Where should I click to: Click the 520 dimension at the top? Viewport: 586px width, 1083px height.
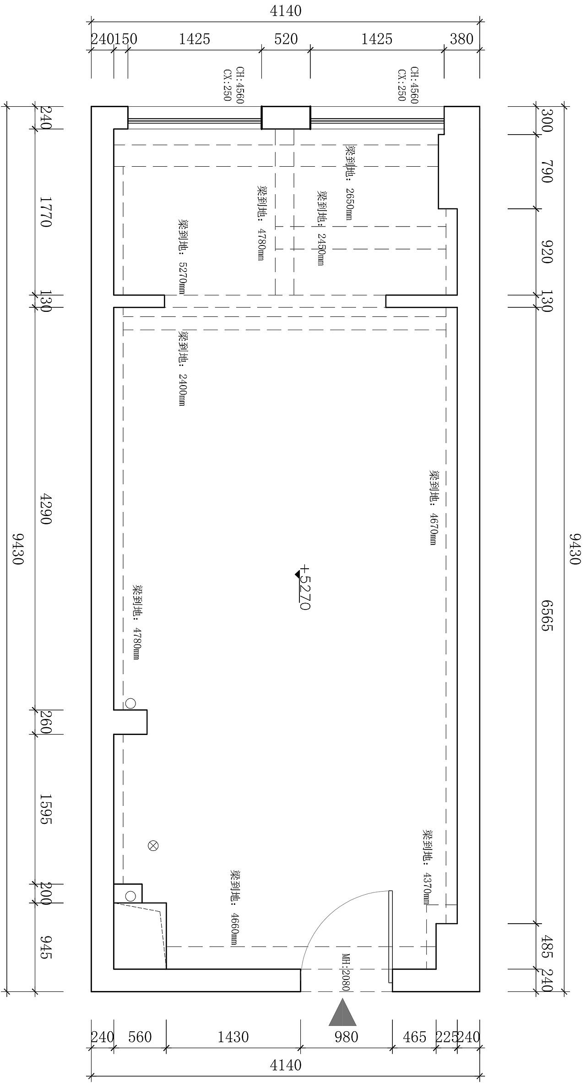pos(286,39)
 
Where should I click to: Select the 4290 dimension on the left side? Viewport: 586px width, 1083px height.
pos(46,508)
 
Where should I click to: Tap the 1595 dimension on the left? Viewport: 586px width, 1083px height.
pos(46,809)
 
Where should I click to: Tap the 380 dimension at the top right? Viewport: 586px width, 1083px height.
pos(461,39)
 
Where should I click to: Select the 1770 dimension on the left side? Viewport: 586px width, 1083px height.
pos(46,212)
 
